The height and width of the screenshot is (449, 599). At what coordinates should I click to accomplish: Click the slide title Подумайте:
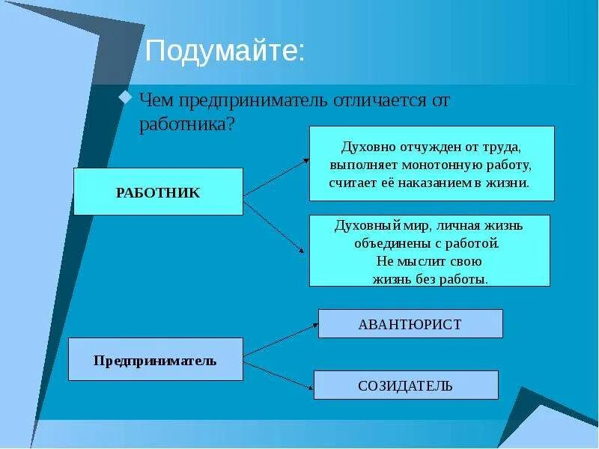point(225,52)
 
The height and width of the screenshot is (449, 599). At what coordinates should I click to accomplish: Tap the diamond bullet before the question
point(126,98)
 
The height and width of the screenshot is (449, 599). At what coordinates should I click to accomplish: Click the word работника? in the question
point(187,123)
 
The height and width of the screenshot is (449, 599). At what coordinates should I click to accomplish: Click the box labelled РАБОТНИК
point(158,192)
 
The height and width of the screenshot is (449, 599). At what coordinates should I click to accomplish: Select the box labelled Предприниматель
point(155,360)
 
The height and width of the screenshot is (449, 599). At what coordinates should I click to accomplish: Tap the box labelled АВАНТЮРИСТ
point(410,324)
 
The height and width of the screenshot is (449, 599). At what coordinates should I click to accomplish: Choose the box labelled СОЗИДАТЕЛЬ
point(405,385)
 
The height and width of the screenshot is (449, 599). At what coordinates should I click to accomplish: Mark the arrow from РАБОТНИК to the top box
point(276,177)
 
